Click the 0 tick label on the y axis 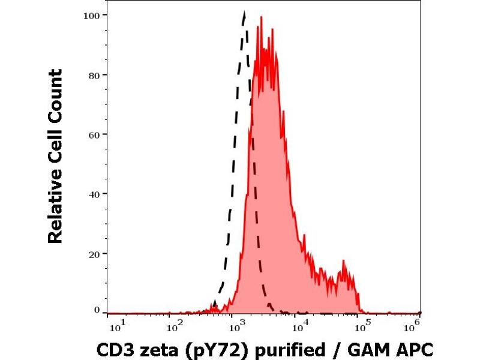95,310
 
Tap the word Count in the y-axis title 55,93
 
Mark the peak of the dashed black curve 244,12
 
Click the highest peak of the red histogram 261,17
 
